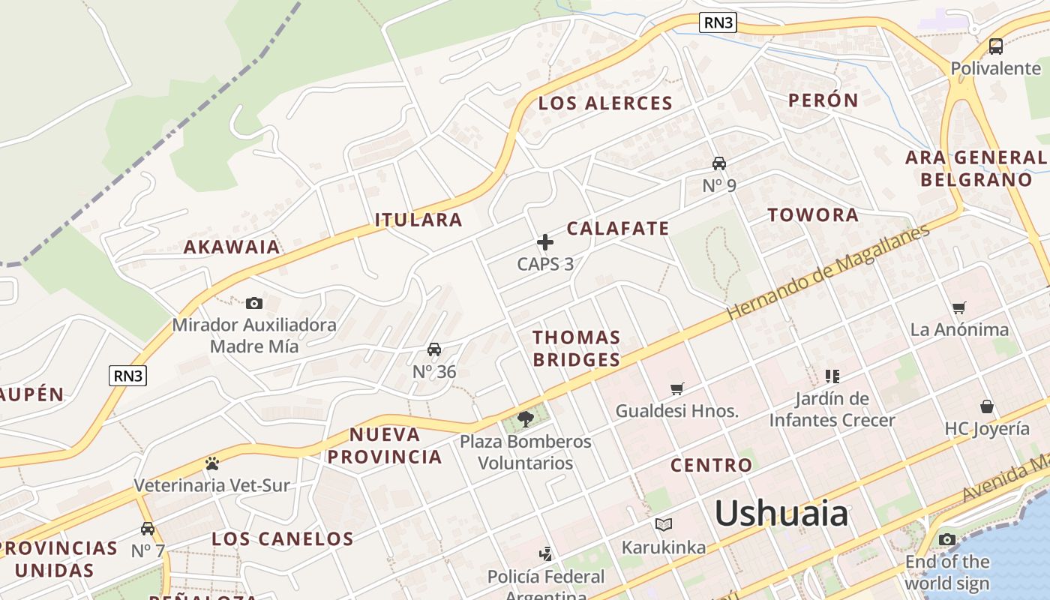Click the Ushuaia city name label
point(781,514)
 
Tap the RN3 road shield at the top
point(718,22)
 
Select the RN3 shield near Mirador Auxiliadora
point(127,376)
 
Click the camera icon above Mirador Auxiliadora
point(254,303)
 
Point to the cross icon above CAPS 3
point(545,242)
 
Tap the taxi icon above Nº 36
point(434,349)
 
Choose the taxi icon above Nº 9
point(718,163)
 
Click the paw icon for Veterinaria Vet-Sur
point(211,463)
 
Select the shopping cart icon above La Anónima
point(958,307)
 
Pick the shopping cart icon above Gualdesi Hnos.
point(677,388)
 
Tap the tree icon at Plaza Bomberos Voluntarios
point(525,418)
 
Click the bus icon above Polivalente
point(996,46)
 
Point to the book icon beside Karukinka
point(664,524)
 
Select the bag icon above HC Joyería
point(987,406)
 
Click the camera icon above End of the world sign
point(947,539)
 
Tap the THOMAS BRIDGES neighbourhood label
point(576,348)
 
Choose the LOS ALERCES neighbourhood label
point(605,103)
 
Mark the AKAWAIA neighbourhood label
point(232,247)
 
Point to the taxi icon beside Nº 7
point(148,529)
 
